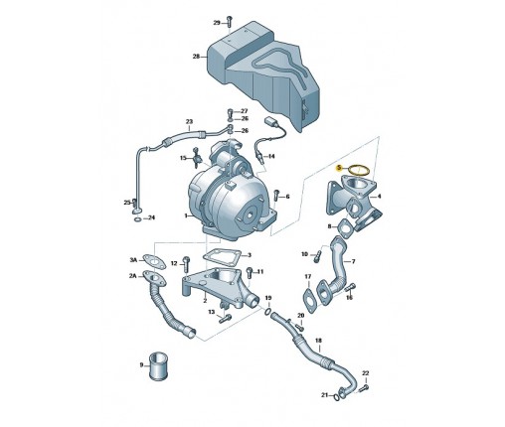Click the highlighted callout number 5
[339, 168]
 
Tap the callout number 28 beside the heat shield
[197, 57]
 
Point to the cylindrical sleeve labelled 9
[158, 366]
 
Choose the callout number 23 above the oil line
[189, 122]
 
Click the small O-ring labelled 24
[138, 219]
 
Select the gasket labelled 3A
[154, 260]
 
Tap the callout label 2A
[133, 276]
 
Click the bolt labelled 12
[186, 263]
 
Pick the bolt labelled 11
[250, 273]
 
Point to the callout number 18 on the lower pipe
[318, 341]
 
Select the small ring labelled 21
[337, 396]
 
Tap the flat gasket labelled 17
[309, 301]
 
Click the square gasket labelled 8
[345, 228]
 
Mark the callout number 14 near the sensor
[271, 156]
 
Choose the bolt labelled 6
[277, 196]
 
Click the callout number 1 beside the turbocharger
[186, 215]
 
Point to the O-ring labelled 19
[267, 311]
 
